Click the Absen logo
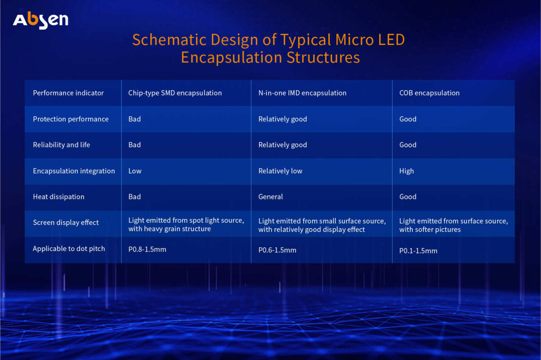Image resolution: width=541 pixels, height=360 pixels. (41, 20)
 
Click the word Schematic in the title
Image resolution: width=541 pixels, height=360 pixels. (169, 40)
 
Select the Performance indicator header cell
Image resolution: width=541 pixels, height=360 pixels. (68, 93)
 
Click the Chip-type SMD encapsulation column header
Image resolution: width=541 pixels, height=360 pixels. (175, 93)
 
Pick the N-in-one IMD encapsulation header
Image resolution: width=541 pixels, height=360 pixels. (302, 93)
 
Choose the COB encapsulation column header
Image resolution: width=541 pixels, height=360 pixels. (429, 93)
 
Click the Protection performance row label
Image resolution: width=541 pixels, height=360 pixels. (70, 119)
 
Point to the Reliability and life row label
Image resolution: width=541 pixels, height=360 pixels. (61, 145)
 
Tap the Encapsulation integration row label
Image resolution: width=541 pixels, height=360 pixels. (74, 171)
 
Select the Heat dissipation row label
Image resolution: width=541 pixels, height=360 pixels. (59, 197)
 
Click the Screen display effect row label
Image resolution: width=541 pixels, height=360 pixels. (66, 223)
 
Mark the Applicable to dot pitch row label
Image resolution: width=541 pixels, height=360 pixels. (69, 249)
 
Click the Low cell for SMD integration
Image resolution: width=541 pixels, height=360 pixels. (135, 171)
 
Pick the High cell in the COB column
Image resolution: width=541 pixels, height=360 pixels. (407, 171)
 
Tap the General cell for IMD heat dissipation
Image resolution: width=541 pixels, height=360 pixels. (270, 197)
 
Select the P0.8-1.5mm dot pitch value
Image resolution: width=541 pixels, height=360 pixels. (147, 249)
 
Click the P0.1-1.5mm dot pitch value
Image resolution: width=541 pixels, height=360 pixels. (418, 251)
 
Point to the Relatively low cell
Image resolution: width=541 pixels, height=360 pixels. (280, 171)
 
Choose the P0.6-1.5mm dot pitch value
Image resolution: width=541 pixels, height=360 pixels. (277, 250)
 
